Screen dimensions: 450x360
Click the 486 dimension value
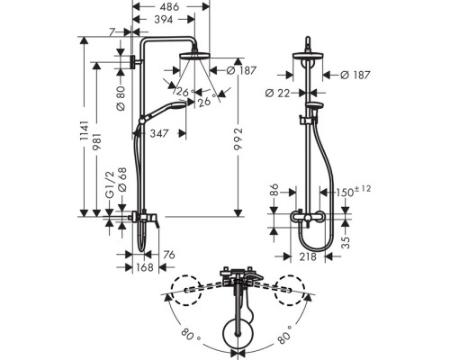click(169, 6)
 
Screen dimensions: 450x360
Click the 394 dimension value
click(164, 20)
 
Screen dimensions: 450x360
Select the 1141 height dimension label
click(85, 130)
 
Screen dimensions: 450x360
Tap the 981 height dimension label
click(97, 141)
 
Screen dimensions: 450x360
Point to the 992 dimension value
click(238, 141)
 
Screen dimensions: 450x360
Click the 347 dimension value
click(159, 133)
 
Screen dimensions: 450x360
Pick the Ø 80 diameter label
click(121, 97)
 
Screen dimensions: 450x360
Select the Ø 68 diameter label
click(122, 179)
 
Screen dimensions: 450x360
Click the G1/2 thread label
click(110, 184)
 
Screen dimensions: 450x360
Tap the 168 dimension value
click(145, 267)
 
